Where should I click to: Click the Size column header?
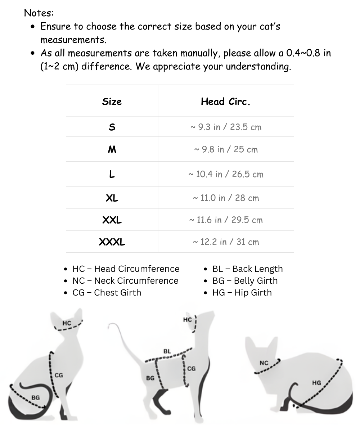(112, 102)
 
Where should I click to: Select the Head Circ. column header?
(225, 102)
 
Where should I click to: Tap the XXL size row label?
(112, 220)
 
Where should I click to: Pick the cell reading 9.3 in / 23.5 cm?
(226, 127)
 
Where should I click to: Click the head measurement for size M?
(226, 149)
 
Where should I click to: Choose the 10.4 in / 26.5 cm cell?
(226, 174)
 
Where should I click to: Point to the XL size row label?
(112, 198)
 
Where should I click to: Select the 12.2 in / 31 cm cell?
(226, 242)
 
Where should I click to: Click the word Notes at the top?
(39, 13)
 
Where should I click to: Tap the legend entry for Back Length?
(247, 269)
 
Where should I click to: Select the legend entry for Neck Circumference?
(125, 281)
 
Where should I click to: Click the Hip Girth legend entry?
(242, 293)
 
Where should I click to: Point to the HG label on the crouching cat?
(316, 383)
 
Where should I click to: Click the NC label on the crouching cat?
(264, 363)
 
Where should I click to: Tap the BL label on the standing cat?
(167, 351)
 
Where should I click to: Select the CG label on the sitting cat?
(59, 375)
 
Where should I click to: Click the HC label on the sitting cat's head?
(67, 323)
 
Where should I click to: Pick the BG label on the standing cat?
(150, 378)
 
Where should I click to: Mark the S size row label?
(112, 127)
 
